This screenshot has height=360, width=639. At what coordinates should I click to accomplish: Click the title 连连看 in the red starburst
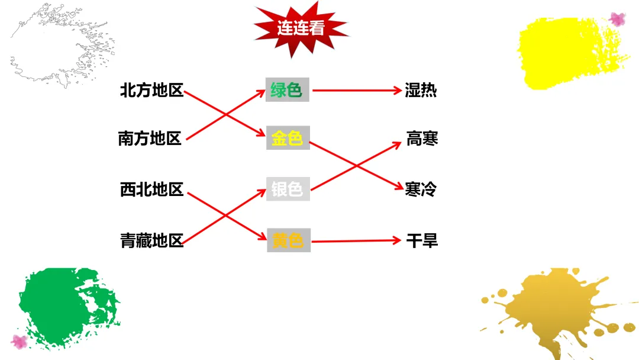pos(301,28)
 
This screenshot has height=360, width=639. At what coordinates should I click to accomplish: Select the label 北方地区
pos(151,91)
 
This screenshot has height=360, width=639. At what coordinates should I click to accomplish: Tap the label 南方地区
pos(150,139)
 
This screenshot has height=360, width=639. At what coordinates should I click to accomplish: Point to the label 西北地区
pos(151,190)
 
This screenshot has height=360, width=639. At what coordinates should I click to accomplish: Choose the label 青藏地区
pos(152,241)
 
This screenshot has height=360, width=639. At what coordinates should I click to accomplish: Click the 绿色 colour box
pos(287,91)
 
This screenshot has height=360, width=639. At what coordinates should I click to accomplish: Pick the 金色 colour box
pos(288,139)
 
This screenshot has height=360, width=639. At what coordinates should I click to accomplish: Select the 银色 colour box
pos(288,189)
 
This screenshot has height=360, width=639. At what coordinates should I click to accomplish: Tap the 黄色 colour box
pos(288,240)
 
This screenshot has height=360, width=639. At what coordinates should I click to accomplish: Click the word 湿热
pos(421,91)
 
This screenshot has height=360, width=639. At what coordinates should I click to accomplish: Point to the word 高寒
pos(422,139)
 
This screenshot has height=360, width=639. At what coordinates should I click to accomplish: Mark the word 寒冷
pos(421,189)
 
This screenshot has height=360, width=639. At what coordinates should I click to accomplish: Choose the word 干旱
pos(422,241)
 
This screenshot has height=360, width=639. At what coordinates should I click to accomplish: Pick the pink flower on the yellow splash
pos(617,19)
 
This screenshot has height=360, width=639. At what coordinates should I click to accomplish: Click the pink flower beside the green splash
pos(20,341)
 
